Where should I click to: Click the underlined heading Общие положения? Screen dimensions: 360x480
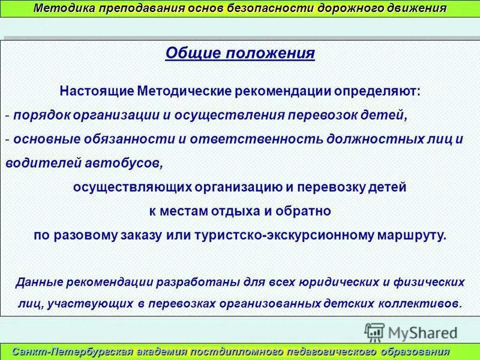pyautogui.click(x=240, y=53)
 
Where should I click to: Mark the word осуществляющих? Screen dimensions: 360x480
pyautogui.click(x=123, y=187)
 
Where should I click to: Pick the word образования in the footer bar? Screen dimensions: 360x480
pyautogui.click(x=418, y=352)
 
